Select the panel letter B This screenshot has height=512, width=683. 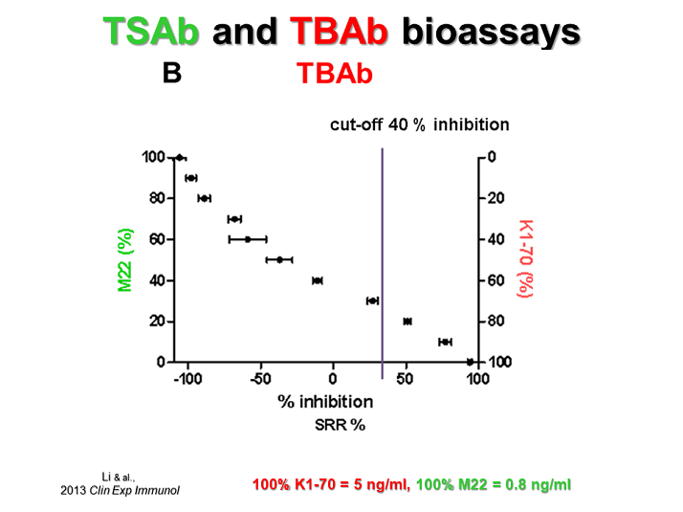(172, 73)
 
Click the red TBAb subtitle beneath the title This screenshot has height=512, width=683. (334, 74)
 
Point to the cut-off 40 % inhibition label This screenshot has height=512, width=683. (419, 124)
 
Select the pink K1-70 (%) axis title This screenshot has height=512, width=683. (523, 259)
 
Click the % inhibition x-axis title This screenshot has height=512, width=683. (312, 400)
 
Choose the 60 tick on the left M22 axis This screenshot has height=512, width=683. (153, 239)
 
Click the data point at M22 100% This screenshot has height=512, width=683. (179, 157)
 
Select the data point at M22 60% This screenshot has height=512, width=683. (248, 239)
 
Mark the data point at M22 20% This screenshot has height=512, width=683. (408, 322)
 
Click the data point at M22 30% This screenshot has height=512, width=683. (372, 301)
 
